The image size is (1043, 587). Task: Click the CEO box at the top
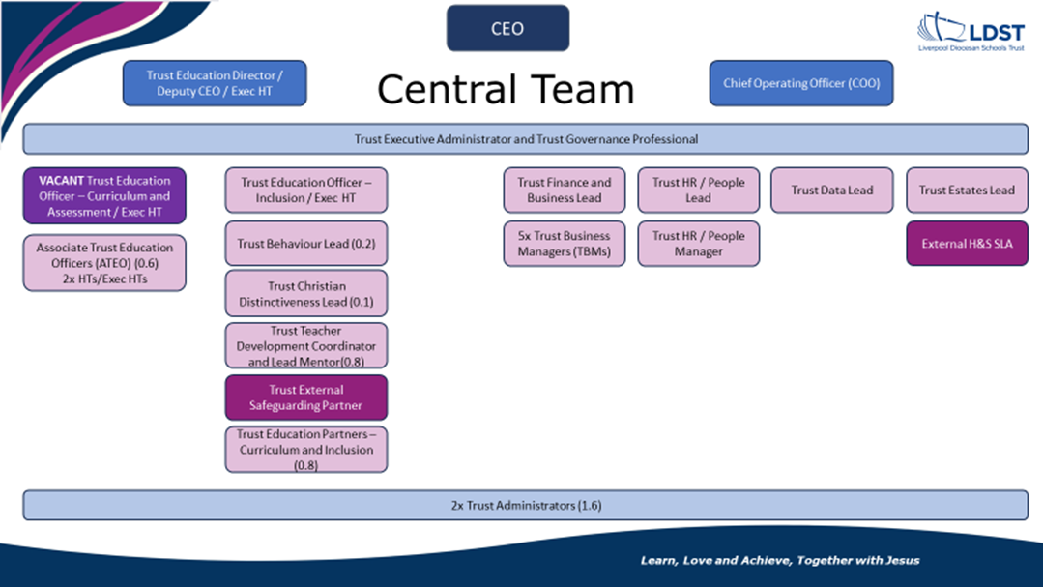(507, 28)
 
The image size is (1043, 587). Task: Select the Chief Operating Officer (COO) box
(801, 83)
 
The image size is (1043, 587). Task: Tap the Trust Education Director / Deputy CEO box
(215, 83)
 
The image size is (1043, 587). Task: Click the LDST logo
(971, 31)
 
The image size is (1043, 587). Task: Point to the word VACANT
(61, 181)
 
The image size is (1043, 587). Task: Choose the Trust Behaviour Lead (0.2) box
(306, 244)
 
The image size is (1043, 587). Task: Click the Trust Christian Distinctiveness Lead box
(306, 294)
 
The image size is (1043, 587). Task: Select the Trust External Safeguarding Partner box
(306, 397)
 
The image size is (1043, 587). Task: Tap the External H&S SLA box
(968, 244)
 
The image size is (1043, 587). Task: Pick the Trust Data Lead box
(832, 191)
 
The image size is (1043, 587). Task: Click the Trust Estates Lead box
(968, 191)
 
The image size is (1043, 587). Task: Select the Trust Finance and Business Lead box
(565, 191)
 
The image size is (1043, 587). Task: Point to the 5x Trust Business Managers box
(565, 244)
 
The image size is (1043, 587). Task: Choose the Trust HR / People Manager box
(699, 244)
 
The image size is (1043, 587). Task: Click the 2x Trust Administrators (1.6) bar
(526, 505)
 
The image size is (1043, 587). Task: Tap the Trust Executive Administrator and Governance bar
(526, 139)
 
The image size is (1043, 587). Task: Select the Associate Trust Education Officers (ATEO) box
(104, 263)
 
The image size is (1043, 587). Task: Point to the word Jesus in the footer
(902, 560)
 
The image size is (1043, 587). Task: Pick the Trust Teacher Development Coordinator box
(306, 345)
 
